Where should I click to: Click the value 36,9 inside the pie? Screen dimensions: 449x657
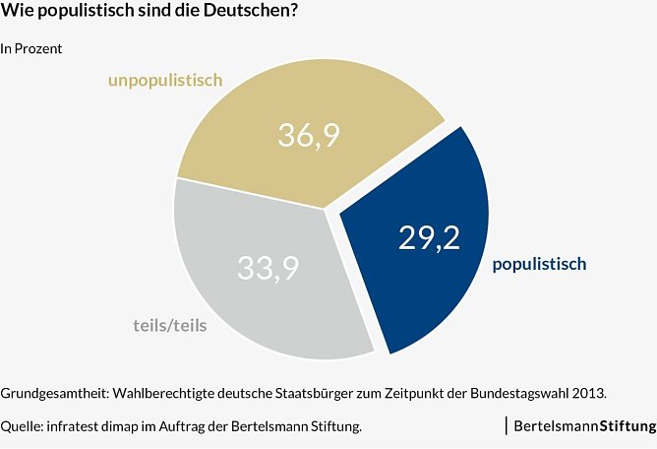(309, 135)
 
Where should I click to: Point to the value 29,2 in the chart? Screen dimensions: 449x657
(429, 237)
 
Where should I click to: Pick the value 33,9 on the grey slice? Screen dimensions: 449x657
(269, 267)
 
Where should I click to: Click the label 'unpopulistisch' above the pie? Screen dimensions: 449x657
(165, 81)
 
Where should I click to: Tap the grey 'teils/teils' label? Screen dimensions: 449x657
(169, 325)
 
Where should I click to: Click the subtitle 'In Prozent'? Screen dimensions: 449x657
(31, 48)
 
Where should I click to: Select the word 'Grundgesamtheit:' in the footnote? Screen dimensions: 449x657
(55, 393)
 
